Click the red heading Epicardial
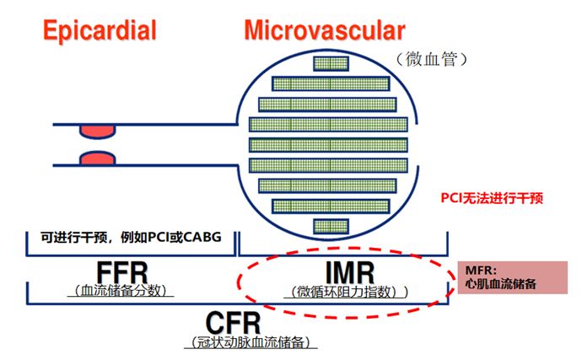click(100, 31)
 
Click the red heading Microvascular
click(324, 31)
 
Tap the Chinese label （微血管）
click(432, 61)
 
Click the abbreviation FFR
click(121, 274)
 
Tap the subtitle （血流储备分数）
click(121, 292)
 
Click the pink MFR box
click(509, 277)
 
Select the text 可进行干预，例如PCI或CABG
click(131, 236)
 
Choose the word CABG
click(202, 236)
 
